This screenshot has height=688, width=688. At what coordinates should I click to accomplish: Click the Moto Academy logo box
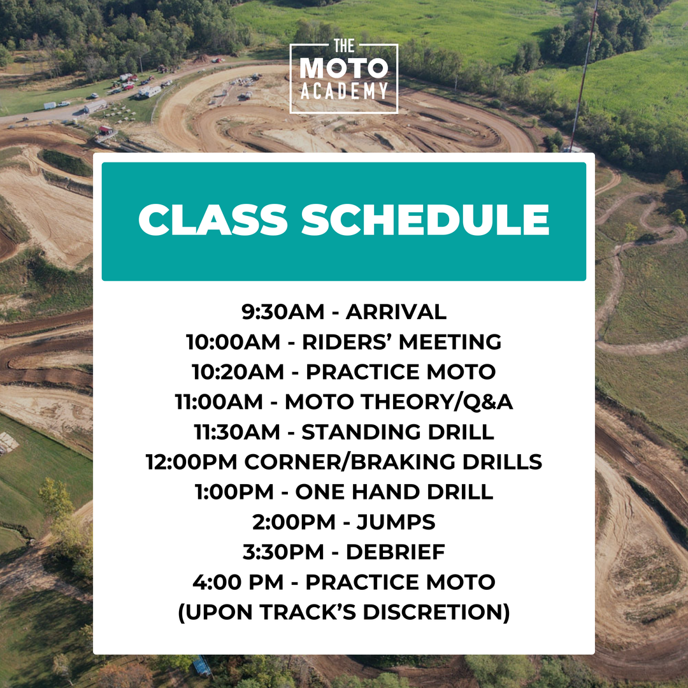344,78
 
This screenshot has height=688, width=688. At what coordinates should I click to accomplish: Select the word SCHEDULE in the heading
425,220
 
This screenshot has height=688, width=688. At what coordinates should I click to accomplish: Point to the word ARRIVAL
396,312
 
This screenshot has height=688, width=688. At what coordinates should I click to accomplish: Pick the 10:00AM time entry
233,342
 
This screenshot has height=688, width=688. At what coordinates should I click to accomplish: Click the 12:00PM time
192,462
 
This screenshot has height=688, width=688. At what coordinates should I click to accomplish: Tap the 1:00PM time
234,492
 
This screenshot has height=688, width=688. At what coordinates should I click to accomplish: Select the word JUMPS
397,522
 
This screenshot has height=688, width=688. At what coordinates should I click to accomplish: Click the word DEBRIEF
396,552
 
